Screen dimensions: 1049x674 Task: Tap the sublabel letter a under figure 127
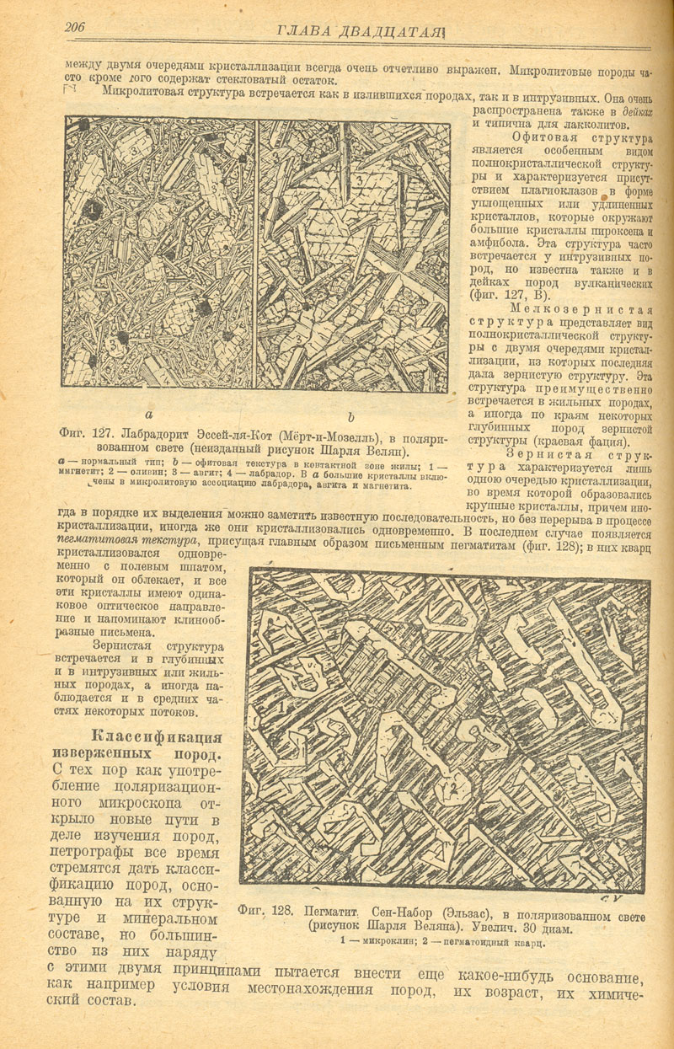[x=149, y=415]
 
